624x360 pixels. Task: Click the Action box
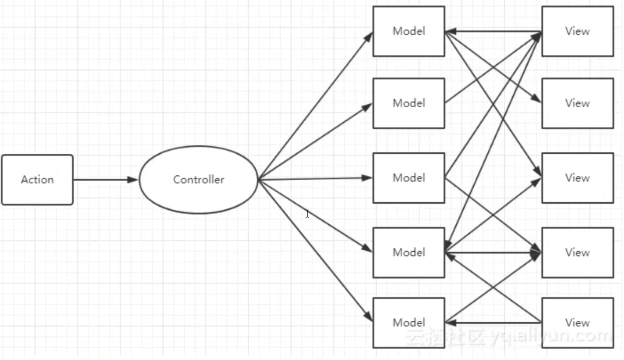click(x=37, y=180)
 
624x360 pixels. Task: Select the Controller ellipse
click(x=199, y=180)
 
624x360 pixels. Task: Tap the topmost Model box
click(x=409, y=31)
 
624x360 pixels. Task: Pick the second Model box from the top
click(x=409, y=103)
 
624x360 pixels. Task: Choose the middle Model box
click(x=409, y=178)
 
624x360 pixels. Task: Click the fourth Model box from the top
click(x=409, y=253)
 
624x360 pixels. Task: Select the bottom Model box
click(x=409, y=323)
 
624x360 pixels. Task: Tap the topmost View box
click(x=578, y=31)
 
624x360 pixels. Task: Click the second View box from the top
click(x=578, y=103)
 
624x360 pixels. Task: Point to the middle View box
click(x=578, y=178)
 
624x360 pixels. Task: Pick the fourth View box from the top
click(x=578, y=253)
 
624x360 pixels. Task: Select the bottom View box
click(x=578, y=323)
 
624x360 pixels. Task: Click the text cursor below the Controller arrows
click(x=307, y=214)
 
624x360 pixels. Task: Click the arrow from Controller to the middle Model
click(x=315, y=179)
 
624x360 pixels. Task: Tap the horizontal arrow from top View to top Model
click(x=493, y=31)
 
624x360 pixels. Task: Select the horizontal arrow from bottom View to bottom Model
click(x=493, y=323)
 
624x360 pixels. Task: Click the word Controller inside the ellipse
click(x=199, y=180)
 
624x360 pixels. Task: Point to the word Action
click(x=37, y=180)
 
